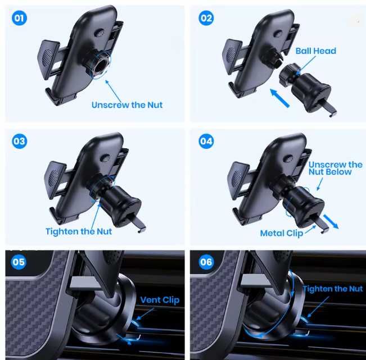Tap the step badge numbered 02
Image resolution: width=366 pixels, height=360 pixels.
click(206, 18)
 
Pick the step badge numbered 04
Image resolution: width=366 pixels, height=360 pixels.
click(206, 141)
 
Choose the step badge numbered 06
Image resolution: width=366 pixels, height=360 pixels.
click(206, 262)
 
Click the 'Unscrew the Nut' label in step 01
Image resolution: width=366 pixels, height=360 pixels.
click(127, 105)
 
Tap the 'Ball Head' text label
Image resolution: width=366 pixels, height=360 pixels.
click(315, 51)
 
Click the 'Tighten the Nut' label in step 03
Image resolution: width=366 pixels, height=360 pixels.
click(79, 231)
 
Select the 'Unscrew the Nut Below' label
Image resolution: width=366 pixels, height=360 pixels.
click(335, 168)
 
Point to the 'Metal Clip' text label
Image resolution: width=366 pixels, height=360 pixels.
click(281, 233)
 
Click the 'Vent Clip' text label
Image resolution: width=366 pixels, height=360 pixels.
click(160, 300)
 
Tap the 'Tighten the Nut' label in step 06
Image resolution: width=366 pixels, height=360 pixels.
click(333, 289)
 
